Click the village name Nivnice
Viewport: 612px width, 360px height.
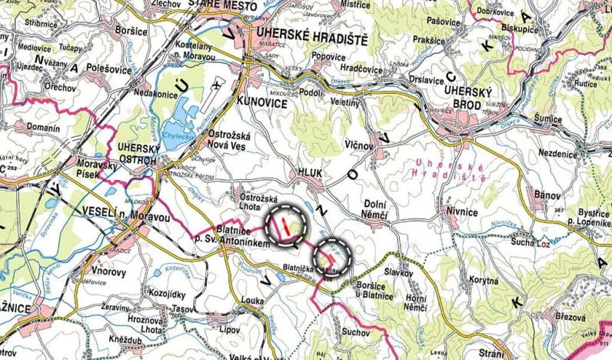click(x=462, y=210)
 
